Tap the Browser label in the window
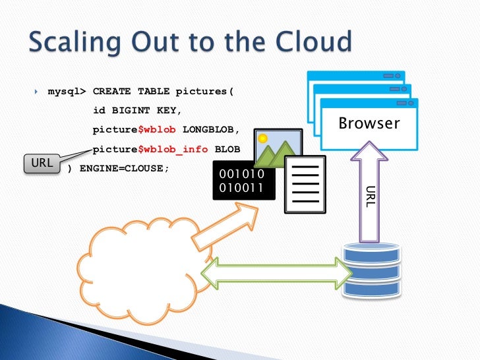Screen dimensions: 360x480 click(x=369, y=123)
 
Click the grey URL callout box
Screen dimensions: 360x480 click(x=41, y=163)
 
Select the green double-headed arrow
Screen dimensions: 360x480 click(x=276, y=273)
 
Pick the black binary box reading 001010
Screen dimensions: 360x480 click(x=241, y=181)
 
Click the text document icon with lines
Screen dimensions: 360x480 click(x=304, y=185)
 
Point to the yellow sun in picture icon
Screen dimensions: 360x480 click(x=263, y=139)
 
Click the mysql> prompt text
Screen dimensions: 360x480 click(x=67, y=91)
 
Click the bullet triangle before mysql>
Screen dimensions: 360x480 click(x=37, y=91)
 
